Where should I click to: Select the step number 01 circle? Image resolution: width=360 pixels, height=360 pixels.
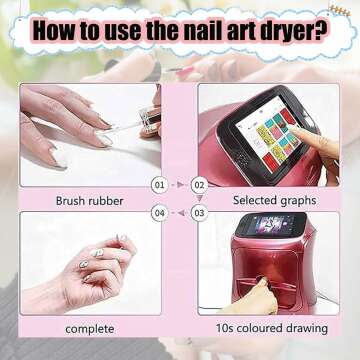[x=158, y=186]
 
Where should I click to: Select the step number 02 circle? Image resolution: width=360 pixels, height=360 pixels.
[x=198, y=186]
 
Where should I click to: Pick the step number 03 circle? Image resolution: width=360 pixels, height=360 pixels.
[x=198, y=212]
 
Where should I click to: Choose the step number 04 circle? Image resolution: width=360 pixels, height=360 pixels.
[x=158, y=212]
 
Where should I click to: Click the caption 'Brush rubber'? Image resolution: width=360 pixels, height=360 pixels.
[x=90, y=200]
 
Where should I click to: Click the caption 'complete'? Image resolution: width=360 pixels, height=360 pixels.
[x=89, y=328]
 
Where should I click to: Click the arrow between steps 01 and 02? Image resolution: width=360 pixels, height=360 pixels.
[x=178, y=186]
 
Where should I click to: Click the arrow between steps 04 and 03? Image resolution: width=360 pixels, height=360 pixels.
[x=178, y=212]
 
